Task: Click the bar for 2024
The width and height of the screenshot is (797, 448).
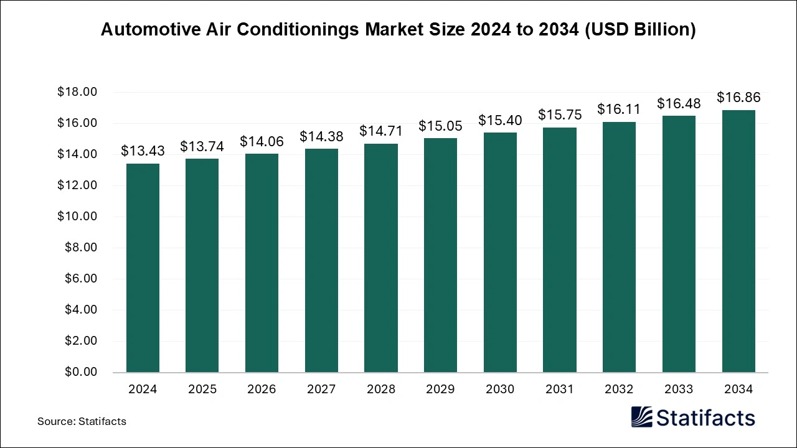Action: (143, 268)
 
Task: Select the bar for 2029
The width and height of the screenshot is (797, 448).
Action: (440, 255)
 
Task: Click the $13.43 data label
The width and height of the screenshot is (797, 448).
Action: (143, 151)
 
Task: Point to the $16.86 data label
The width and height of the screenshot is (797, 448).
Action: (738, 98)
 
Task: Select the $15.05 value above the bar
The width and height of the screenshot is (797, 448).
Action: (440, 126)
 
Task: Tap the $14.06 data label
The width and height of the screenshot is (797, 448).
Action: (262, 142)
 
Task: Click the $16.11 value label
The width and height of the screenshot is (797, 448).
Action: (619, 110)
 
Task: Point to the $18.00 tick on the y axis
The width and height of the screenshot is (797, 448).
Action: (77, 92)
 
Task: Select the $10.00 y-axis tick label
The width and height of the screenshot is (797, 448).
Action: (77, 217)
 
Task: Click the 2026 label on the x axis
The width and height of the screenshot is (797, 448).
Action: (262, 390)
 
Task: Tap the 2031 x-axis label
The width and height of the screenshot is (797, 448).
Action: (559, 390)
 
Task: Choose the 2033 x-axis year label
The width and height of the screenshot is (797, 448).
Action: (679, 390)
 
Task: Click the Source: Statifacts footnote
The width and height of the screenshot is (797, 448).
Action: (82, 421)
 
